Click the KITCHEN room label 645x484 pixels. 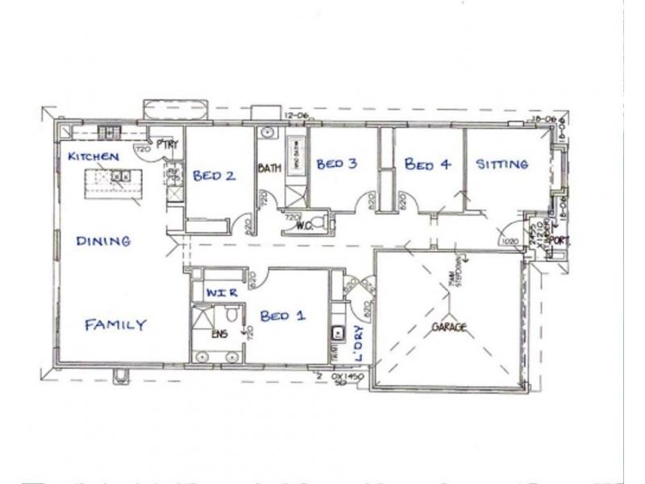[x=94, y=156]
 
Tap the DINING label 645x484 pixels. [x=103, y=240]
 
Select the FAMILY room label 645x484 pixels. [x=116, y=325]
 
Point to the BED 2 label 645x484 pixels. [x=214, y=175]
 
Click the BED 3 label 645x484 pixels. [x=336, y=165]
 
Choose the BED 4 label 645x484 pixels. [x=427, y=165]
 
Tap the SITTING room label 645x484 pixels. [x=502, y=165]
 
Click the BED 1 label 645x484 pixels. [x=282, y=316]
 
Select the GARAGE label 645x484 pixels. [x=451, y=328]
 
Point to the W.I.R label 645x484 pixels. [x=222, y=293]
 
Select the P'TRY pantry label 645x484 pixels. [x=167, y=144]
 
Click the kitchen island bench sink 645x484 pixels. [x=120, y=175]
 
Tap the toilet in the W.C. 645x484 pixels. [x=320, y=221]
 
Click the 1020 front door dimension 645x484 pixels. [x=509, y=240]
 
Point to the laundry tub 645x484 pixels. [x=339, y=332]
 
